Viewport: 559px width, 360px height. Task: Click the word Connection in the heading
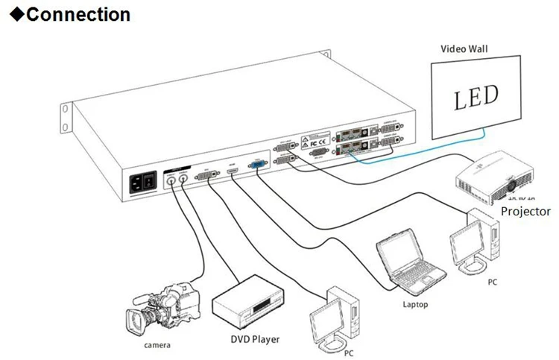click(x=78, y=13)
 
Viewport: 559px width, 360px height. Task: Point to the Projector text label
click(x=525, y=212)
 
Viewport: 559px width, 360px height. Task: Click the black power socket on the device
click(x=143, y=183)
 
